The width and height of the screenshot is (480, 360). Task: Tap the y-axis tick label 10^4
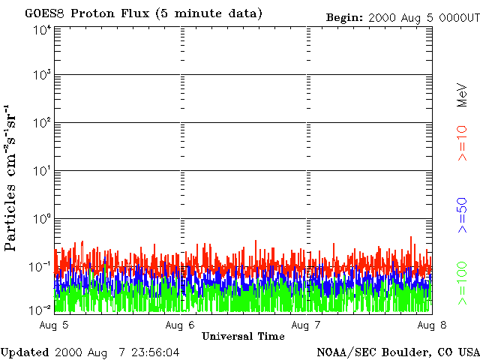(42, 29)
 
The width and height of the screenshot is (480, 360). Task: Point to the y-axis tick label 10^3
(42, 76)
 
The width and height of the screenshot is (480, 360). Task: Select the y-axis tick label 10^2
(42, 124)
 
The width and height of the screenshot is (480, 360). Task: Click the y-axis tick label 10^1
(42, 172)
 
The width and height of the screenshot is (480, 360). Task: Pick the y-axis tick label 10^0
(42, 219)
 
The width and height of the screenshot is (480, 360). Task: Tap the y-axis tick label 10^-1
(40, 267)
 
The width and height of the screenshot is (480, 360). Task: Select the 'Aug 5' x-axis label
(55, 325)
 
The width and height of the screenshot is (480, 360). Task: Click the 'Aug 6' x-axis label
(180, 325)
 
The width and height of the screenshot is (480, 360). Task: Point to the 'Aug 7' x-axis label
(306, 325)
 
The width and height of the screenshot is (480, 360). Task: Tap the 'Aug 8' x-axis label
(430, 325)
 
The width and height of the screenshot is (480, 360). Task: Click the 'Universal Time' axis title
(243, 336)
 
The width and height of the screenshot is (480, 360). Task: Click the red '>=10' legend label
(462, 143)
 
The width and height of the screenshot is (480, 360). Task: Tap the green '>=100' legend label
(462, 282)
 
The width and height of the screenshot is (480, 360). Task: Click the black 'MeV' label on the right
(462, 96)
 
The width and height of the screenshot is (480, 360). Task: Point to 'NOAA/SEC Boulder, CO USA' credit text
(397, 352)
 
